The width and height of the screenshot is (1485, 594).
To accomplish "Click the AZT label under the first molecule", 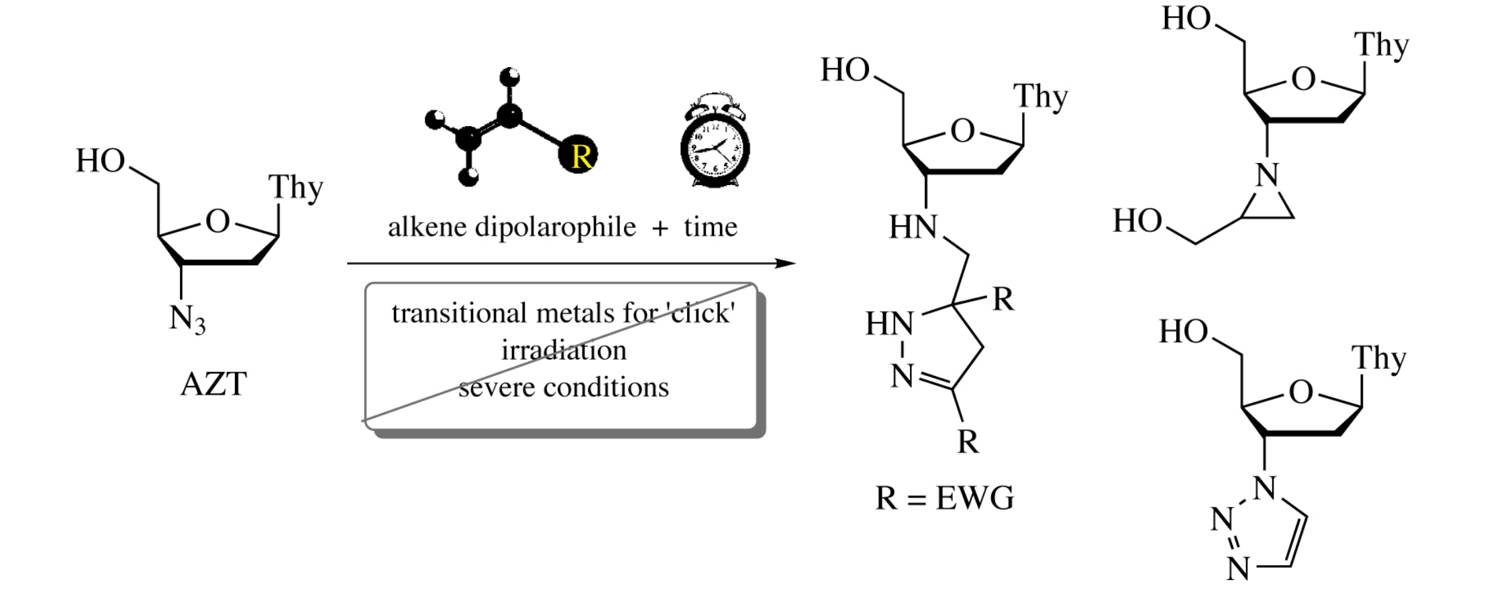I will tap(213, 384).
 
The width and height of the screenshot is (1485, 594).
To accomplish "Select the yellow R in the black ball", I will tap(581, 156).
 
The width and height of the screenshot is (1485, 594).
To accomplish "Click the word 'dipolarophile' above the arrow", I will tap(555, 227).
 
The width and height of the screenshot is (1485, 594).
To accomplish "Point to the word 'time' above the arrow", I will tap(711, 227).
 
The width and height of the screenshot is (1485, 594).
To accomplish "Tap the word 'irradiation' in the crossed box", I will tap(564, 350).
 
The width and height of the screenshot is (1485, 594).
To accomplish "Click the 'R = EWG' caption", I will tap(944, 498).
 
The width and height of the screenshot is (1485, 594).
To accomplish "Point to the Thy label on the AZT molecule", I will tap(295, 188).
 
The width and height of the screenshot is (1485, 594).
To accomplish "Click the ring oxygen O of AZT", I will tap(217, 221).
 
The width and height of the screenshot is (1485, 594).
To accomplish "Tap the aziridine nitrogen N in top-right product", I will tap(1267, 176).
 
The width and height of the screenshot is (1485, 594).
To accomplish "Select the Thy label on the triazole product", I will tap(1378, 359).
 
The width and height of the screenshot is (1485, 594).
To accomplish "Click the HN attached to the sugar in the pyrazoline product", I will tap(913, 227).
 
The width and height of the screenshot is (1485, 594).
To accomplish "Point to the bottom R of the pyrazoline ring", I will tap(968, 442).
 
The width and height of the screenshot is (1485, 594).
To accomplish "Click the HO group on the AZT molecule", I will tap(101, 161).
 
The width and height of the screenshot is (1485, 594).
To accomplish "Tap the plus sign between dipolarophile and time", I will tap(660, 229).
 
